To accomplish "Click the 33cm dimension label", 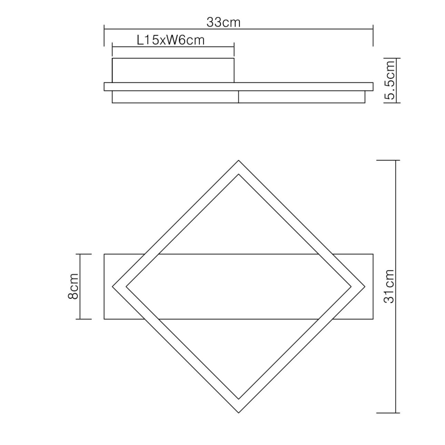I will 224,22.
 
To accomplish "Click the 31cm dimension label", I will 390,286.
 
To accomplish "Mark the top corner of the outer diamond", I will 238,161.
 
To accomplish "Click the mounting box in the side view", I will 173,71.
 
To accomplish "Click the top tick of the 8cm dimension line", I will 84,254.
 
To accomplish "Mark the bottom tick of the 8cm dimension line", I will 84,319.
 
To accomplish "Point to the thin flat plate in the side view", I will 238,87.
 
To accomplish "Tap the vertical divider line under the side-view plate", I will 239,97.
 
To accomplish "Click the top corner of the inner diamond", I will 238,175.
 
